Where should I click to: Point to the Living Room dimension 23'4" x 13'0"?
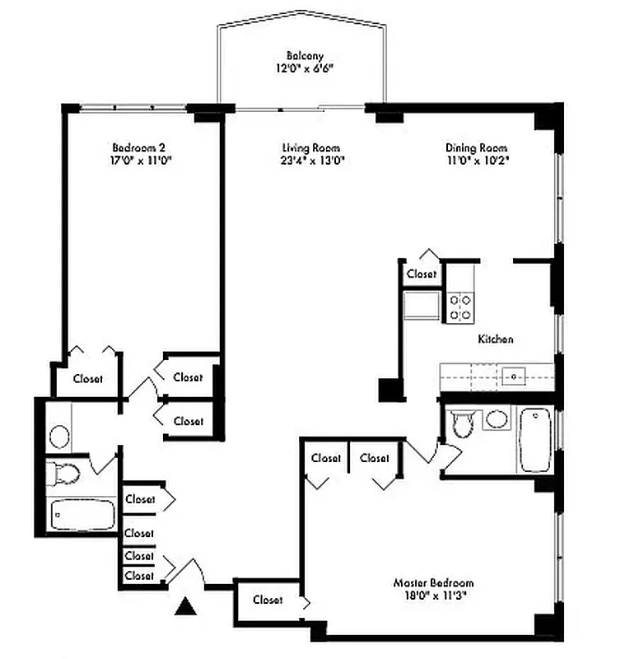[311, 161]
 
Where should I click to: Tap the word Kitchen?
[496, 339]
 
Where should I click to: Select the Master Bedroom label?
[434, 582]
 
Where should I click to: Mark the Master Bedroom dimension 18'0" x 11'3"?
[434, 596]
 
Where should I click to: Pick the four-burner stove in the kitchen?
[460, 306]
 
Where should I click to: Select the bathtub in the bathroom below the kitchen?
[534, 440]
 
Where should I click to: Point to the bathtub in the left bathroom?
[82, 515]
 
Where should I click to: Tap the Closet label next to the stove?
[422, 273]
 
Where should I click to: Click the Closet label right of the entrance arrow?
[268, 600]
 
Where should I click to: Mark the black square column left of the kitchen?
[388, 389]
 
